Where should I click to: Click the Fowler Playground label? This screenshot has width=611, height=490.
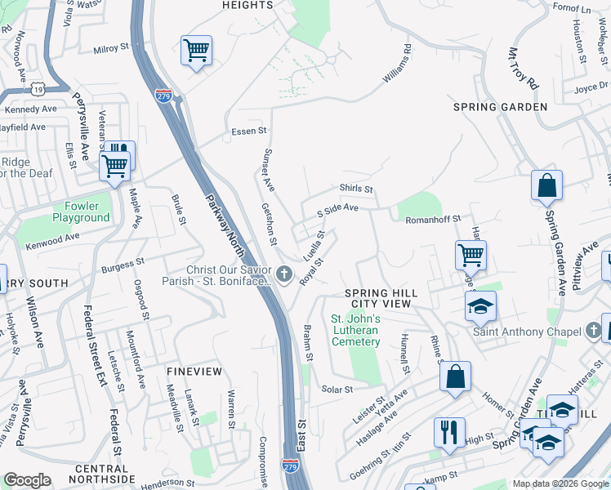coord(81,212)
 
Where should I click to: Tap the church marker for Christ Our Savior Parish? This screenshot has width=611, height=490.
coord(283,274)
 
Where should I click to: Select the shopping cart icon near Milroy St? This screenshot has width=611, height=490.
coord(196,51)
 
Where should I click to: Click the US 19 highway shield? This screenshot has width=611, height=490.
coord(38,87)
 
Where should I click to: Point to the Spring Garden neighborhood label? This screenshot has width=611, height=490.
coord(500,107)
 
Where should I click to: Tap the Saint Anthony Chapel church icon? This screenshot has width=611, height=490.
coord(594,331)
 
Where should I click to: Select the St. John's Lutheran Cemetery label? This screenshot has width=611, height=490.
coord(355,330)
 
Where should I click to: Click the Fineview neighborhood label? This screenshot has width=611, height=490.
coord(194,371)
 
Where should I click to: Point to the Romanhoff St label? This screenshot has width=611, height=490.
coord(435,218)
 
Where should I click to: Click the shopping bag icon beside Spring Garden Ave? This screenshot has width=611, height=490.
coord(546,186)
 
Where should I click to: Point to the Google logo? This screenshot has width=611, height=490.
coord(27,480)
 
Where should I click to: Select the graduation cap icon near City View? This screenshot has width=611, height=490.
coord(480,306)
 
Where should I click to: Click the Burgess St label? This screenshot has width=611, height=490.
coord(123,265)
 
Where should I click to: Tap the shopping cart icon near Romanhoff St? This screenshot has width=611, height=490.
coord(471,255)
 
